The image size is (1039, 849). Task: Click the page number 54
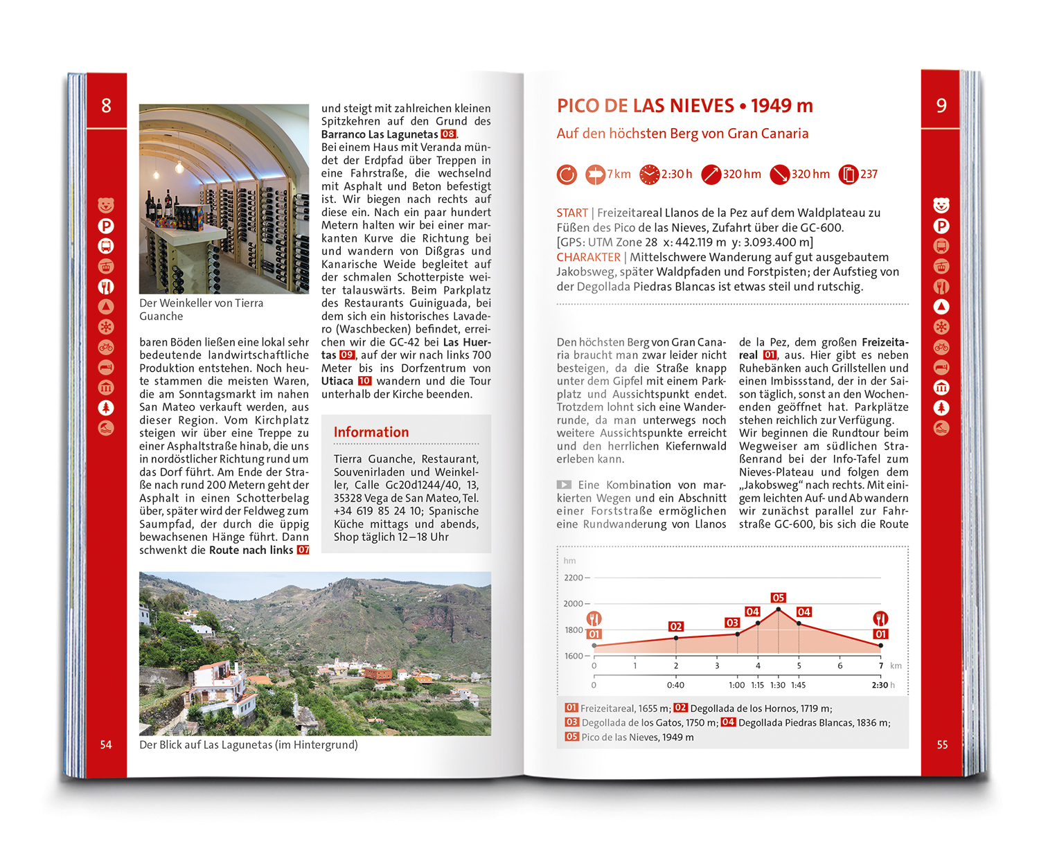pos(106,744)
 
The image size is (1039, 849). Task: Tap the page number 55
pos(942,744)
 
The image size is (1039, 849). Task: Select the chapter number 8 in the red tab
pos(106,105)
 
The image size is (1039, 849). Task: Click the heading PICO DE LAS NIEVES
pos(645,106)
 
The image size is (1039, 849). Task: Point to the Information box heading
pos(371,432)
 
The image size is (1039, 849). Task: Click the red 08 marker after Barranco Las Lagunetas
pos(448,134)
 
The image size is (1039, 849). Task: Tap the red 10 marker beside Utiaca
pos(364,381)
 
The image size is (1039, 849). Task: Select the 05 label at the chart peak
pos(778,598)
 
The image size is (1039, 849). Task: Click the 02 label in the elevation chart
pos(676,626)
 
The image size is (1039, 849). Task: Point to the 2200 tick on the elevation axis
pos(574,578)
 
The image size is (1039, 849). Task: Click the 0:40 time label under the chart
pos(675,685)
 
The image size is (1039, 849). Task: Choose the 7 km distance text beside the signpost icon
pos(619,174)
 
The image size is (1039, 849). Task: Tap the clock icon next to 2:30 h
pos(649,175)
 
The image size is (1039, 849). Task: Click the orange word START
pos(572,213)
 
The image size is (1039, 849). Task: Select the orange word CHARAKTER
pos(589,257)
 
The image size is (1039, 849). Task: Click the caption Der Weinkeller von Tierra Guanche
pos(201,310)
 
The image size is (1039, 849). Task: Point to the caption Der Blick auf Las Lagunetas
pos(249,744)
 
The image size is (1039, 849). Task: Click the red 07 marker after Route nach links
pos(303,550)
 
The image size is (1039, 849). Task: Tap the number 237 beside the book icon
pos(869,174)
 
